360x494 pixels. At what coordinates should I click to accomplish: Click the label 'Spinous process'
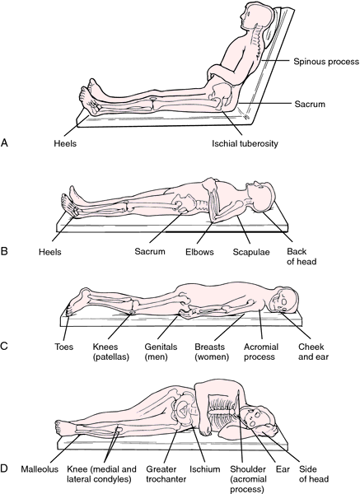(326, 62)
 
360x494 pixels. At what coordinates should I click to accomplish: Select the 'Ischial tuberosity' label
(245, 143)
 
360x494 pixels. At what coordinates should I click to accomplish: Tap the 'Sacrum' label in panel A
(310, 104)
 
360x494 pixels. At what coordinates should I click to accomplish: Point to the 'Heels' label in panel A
(65, 143)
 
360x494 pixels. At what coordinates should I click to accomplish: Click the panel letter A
(4, 142)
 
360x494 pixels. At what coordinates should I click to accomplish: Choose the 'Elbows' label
(199, 252)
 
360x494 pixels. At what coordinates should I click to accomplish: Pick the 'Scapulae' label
(251, 252)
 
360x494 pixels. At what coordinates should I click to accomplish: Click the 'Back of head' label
(302, 256)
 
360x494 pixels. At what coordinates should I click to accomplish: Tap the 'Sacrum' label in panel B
(150, 251)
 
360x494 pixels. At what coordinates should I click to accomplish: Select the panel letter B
(4, 252)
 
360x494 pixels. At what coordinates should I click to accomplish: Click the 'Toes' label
(63, 347)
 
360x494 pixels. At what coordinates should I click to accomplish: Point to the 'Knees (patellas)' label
(111, 352)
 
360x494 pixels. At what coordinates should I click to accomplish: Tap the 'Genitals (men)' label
(161, 352)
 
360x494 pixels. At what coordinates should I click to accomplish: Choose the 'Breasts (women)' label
(212, 352)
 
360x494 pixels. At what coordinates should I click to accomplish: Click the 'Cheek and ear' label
(313, 352)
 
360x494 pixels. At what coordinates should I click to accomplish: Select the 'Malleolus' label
(40, 469)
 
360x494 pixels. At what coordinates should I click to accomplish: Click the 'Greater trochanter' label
(166, 474)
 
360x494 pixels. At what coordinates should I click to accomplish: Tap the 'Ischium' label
(205, 469)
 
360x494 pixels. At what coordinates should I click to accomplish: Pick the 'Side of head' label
(314, 474)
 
